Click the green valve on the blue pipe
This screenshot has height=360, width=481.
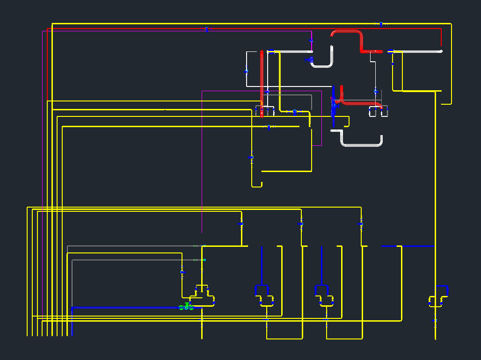pos(186,307)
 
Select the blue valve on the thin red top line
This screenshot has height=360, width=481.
pos(206,29)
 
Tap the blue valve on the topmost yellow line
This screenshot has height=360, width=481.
pos(381,24)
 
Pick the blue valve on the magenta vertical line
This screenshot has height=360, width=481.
pos(311,42)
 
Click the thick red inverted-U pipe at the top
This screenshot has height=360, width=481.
pos(347,32)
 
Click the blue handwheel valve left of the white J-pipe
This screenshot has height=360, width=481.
pos(309,59)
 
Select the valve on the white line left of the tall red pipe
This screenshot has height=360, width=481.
pos(247,72)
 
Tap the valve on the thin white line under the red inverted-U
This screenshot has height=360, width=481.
pos(375,92)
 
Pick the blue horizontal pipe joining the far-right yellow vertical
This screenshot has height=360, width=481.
pos(416,246)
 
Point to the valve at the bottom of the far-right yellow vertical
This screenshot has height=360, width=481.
pos(435,321)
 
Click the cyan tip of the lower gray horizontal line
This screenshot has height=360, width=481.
pos(204,260)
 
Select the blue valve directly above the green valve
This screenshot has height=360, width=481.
pos(182,272)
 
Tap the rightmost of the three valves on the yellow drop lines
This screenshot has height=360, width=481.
pos(361,224)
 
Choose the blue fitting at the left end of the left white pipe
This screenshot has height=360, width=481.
pos(271,52)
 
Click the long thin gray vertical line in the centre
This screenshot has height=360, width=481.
pos(202,164)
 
